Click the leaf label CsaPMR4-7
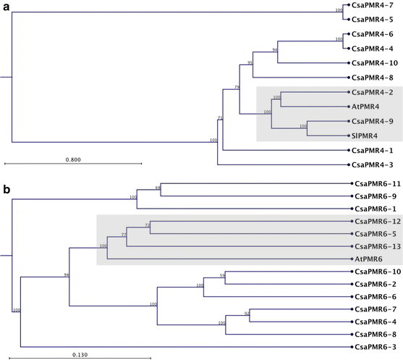tap(373, 6)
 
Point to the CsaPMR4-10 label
tap(376, 63)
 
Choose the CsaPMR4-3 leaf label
tap(373, 165)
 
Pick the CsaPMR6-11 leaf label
tap(376, 183)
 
